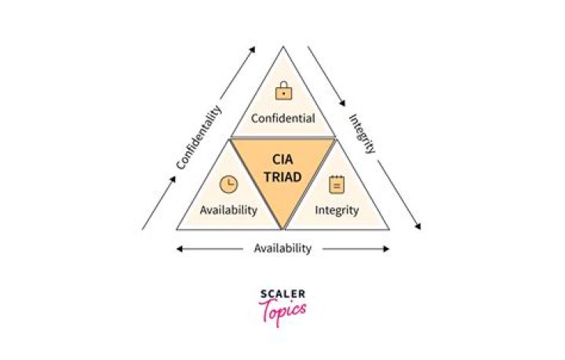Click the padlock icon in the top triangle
point(282,91)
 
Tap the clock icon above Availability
point(228,184)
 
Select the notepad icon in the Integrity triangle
point(336,184)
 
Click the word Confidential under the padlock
point(282,119)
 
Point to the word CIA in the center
point(282,158)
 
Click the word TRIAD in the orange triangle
point(282,176)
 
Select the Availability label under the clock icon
point(228,210)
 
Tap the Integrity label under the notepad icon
point(337,210)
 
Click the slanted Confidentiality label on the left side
point(199,137)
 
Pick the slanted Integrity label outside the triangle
point(363,133)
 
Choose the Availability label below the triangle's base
point(282,249)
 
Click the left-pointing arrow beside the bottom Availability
point(208,249)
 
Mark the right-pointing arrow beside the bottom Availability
point(356,249)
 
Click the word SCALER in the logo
point(282,294)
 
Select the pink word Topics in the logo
point(282,311)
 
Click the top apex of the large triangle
point(282,46)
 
